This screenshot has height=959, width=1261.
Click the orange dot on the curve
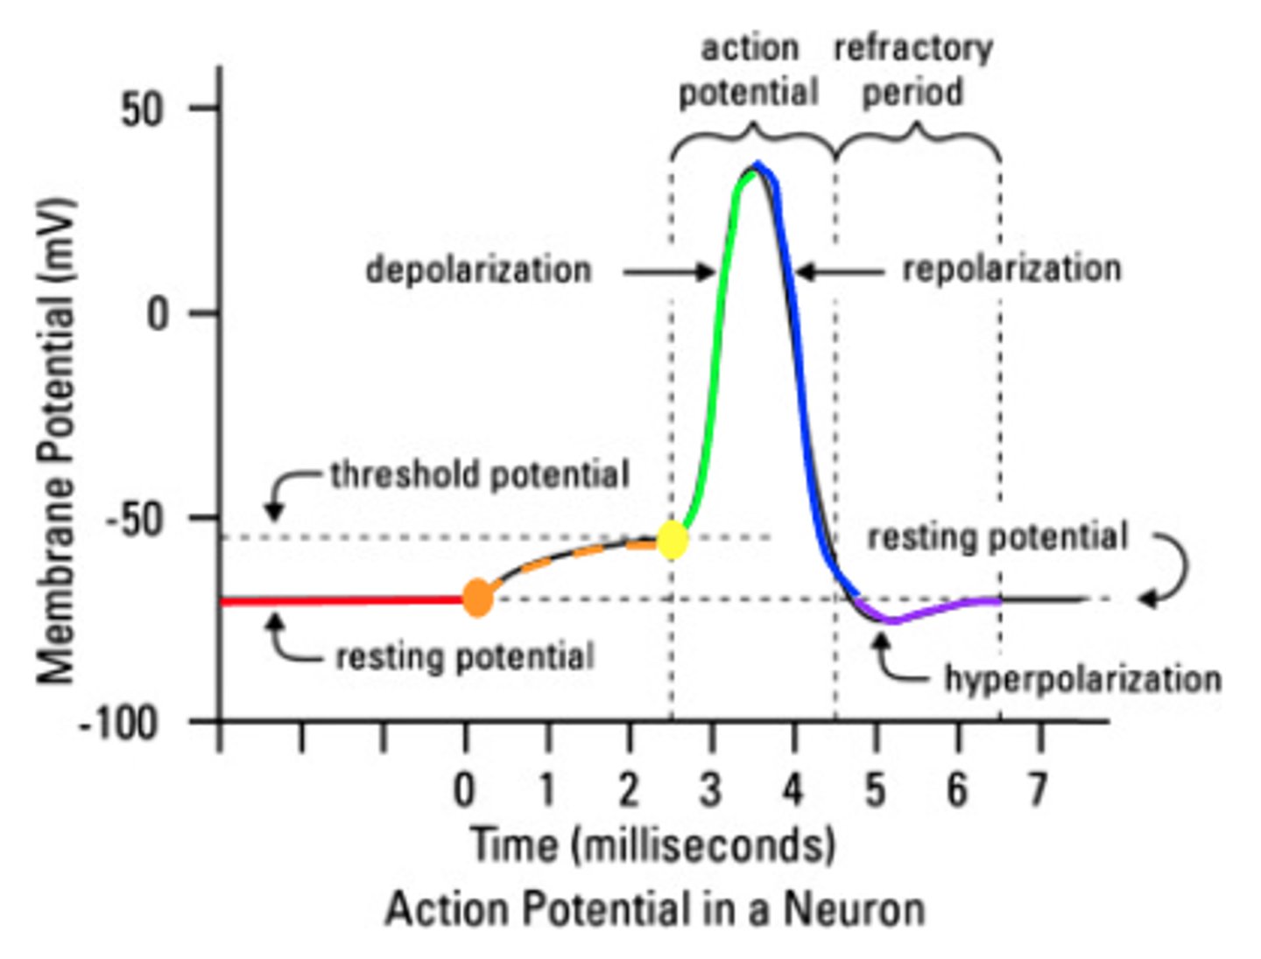(477, 598)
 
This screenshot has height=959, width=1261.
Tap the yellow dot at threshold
(672, 540)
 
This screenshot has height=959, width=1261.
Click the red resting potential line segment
(342, 601)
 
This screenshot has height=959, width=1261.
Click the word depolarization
(478, 269)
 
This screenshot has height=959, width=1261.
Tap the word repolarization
(1011, 269)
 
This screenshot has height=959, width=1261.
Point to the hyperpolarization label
(1082, 679)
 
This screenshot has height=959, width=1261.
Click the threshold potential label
(480, 475)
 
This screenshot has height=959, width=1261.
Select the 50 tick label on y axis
(142, 110)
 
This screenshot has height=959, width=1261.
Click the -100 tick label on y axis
(119, 724)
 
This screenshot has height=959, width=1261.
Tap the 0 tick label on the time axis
(464, 791)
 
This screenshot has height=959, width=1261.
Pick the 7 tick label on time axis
(1038, 791)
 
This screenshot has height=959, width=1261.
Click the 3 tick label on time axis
(710, 791)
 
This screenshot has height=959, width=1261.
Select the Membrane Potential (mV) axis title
(57, 442)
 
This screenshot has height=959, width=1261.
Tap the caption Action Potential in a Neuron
(655, 909)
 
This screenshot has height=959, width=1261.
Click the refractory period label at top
(912, 70)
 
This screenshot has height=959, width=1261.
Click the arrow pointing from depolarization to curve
(670, 272)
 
